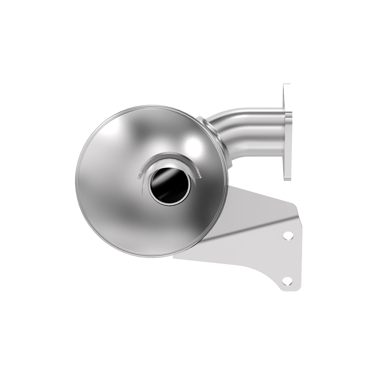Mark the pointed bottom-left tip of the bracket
pos(174,259)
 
